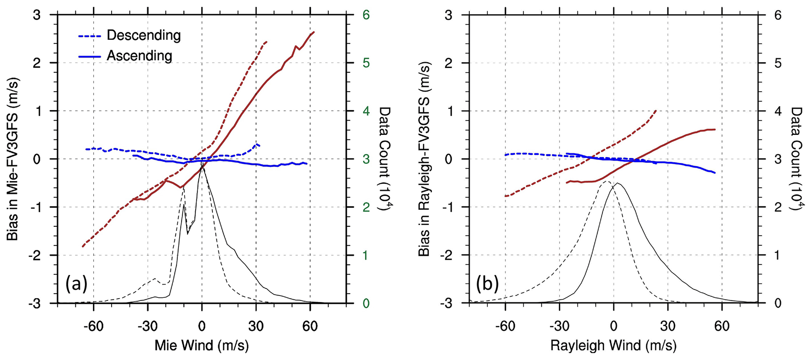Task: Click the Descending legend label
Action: coord(143,35)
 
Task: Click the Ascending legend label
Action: coord(139,56)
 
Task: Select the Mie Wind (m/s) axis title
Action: coord(202,345)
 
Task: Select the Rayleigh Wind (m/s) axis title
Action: coord(613,345)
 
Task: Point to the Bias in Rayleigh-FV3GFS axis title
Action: coord(424,159)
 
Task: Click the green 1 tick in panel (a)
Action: coord(366,255)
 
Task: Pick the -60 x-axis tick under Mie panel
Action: coord(93,326)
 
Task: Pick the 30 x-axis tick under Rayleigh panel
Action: coord(667,326)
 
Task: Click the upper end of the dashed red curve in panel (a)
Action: coord(266,42)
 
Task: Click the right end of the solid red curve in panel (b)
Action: coord(715,129)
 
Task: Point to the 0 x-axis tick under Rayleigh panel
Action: coord(613,326)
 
